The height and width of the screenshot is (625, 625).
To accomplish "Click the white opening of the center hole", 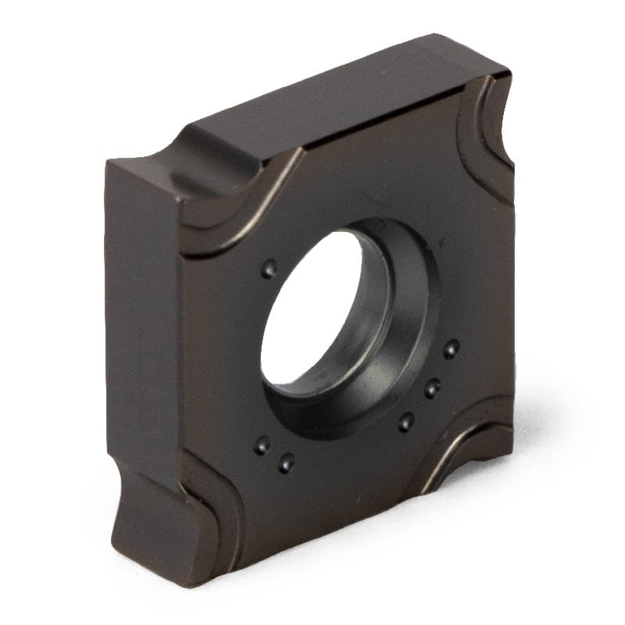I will (309, 309).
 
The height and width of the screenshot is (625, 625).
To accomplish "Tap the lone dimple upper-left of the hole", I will (269, 269).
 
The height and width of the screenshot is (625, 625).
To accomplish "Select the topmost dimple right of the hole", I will (451, 348).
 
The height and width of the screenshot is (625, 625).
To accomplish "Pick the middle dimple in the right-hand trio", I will (431, 387).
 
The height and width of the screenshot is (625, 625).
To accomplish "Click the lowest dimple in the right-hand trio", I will (405, 422).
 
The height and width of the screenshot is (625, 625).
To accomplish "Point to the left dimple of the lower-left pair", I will (261, 445).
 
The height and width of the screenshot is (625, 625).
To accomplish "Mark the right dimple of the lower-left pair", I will (287, 462).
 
